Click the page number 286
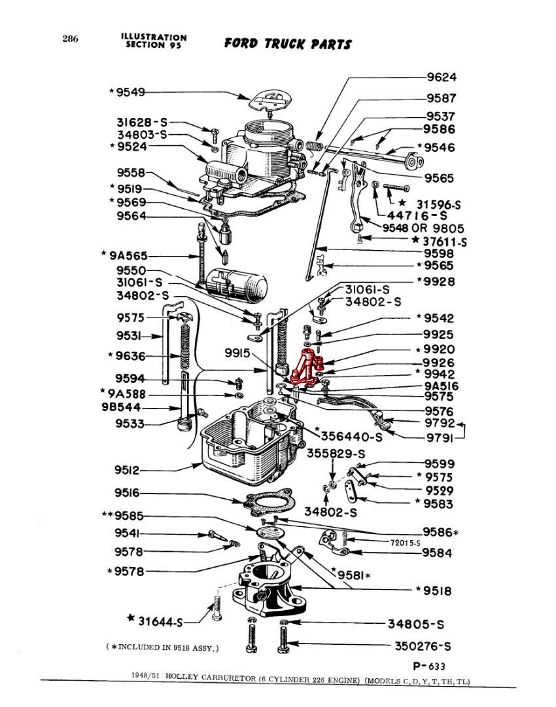pyautogui.click(x=71, y=39)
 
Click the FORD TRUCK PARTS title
pyautogui.click(x=288, y=44)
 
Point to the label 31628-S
pyautogui.click(x=142, y=122)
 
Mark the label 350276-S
pyautogui.click(x=423, y=645)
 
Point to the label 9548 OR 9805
pyautogui.click(x=425, y=228)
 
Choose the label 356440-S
pyautogui.click(x=351, y=435)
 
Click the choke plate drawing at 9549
pyautogui.click(x=271, y=99)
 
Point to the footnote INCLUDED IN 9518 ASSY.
pyautogui.click(x=162, y=647)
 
